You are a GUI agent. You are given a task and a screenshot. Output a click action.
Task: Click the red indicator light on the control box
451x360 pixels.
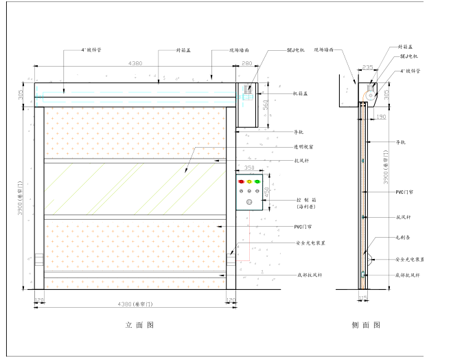coord(240,182)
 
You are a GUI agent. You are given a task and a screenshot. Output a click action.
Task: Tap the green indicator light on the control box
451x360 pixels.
coord(257,182)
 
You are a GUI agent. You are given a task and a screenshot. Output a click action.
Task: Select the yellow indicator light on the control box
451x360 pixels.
coord(249,182)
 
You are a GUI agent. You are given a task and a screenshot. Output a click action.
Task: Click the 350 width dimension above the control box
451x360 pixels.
coord(249,168)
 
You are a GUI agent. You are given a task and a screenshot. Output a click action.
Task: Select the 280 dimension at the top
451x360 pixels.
coord(246,64)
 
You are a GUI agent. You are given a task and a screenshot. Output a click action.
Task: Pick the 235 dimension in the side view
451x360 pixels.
coord(368,67)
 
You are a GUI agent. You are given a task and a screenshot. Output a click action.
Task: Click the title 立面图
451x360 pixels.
coord(140,325)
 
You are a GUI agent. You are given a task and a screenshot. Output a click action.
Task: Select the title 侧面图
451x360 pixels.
coord(367,325)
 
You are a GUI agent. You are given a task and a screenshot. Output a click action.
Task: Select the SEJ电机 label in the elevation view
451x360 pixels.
coord(296,50)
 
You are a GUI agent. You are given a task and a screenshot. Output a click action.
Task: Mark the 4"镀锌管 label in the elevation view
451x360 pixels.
coord(91,50)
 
